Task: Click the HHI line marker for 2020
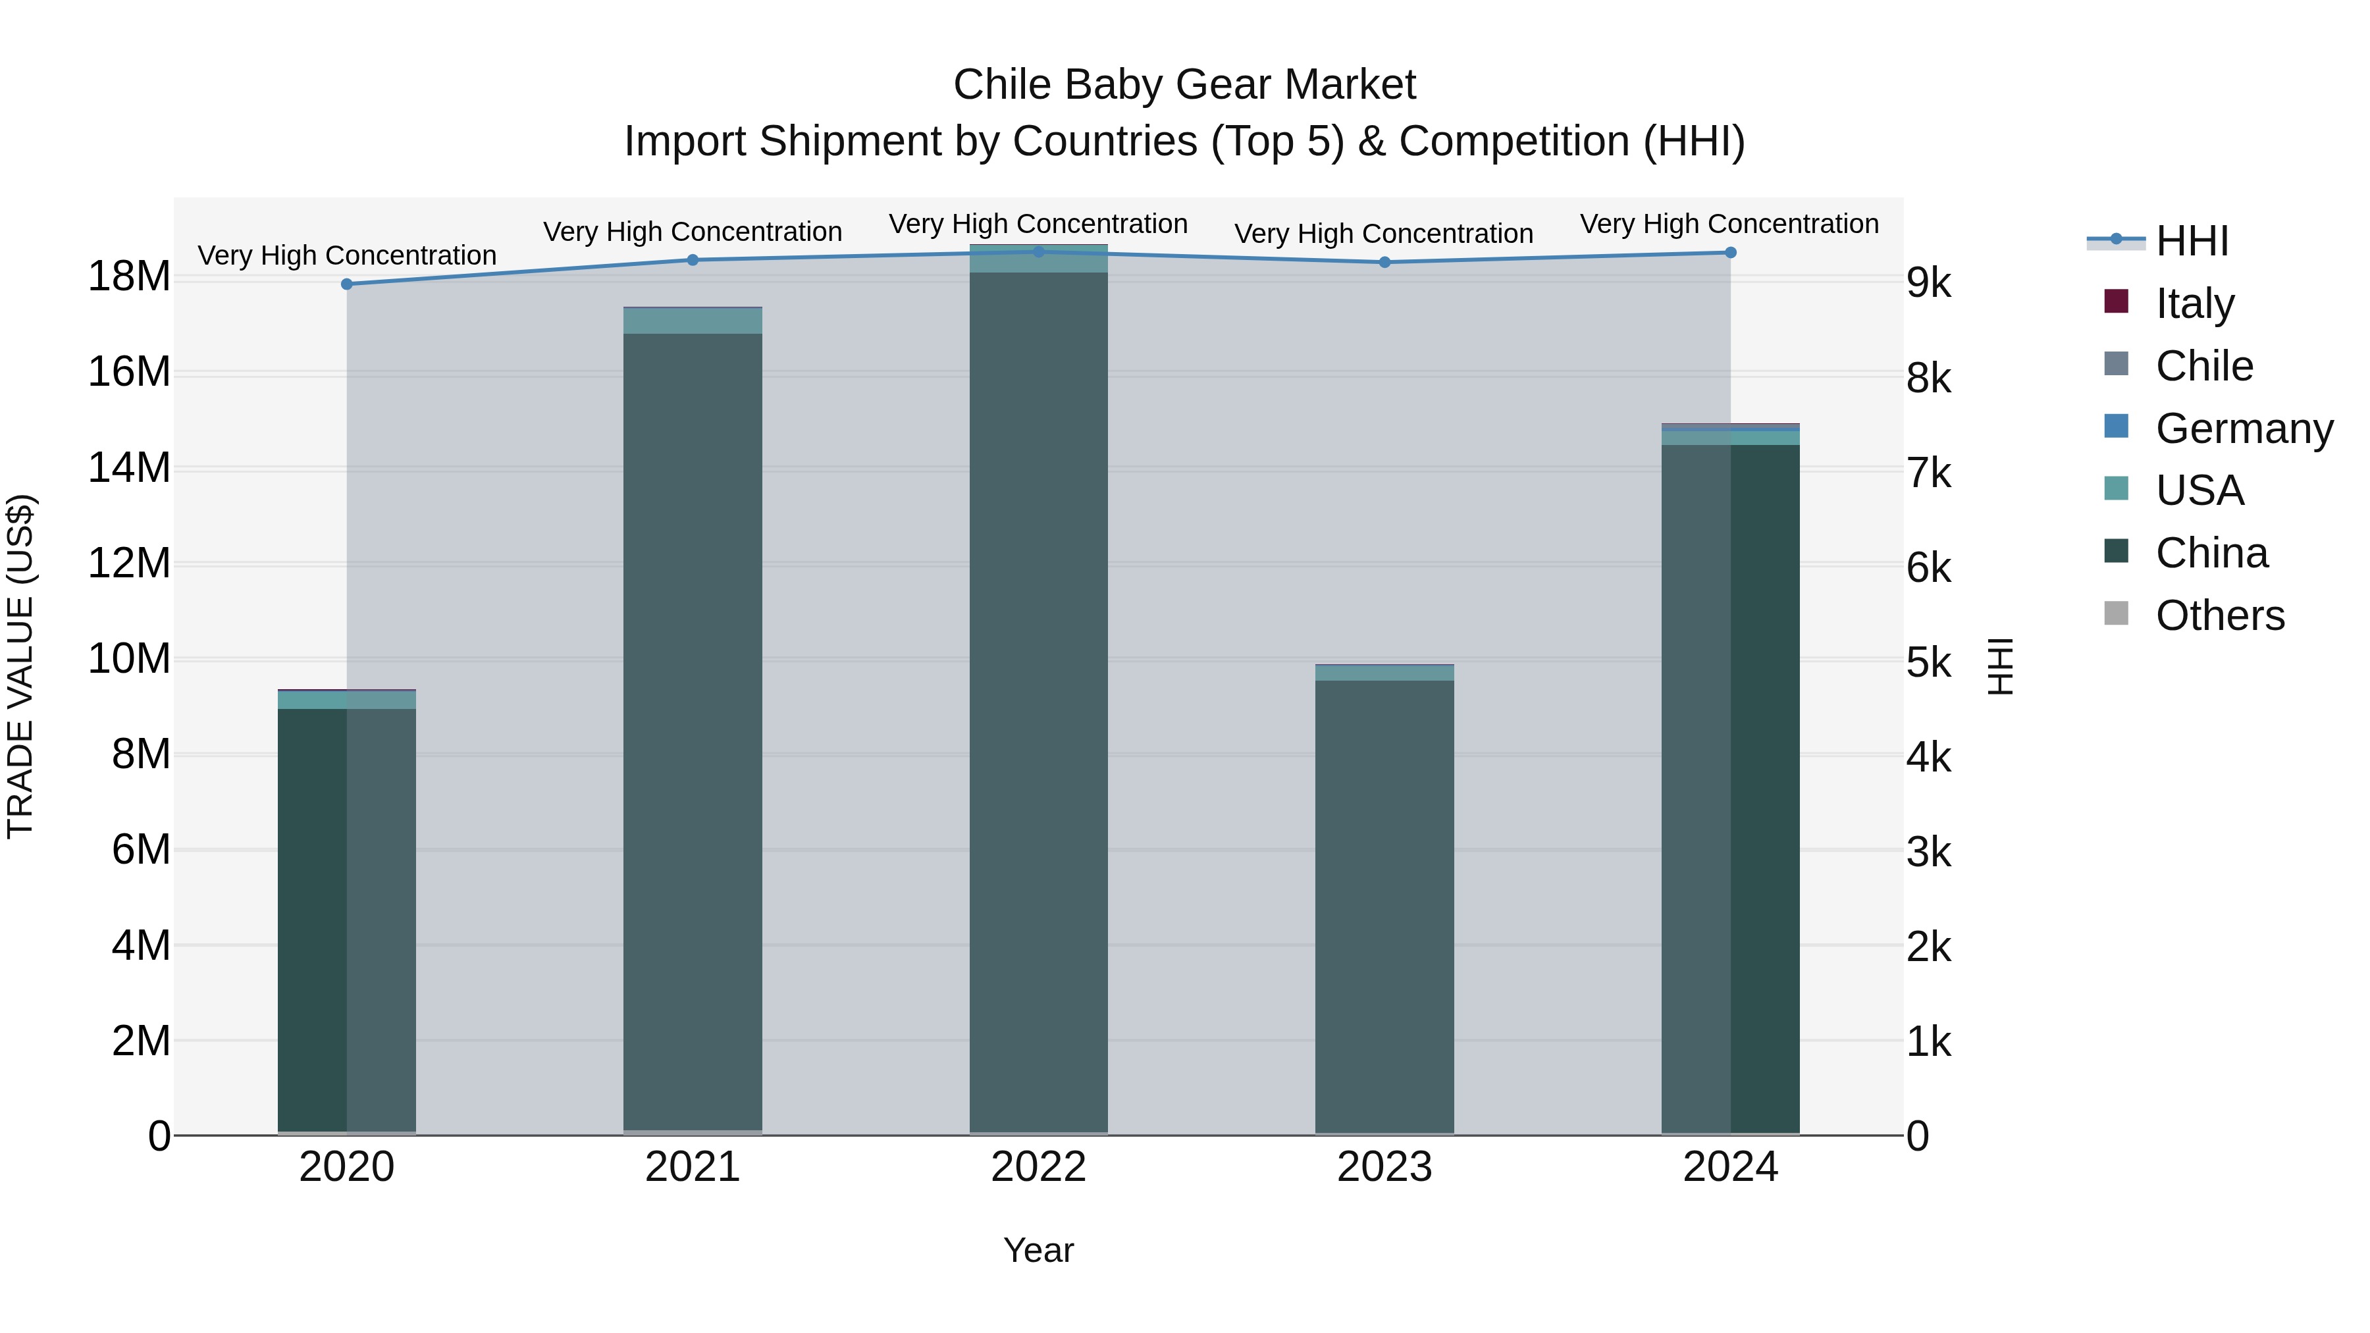click(347, 284)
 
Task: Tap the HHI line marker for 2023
click(1384, 262)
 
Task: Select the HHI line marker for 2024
click(1731, 252)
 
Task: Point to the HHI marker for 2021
click(693, 260)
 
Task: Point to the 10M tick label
click(129, 659)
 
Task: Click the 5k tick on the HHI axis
click(1928, 664)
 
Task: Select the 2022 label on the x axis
click(1039, 1167)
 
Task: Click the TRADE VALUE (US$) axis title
click(20, 666)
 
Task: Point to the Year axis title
click(1039, 1250)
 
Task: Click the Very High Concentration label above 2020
click(347, 255)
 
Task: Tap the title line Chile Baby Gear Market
click(1184, 85)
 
